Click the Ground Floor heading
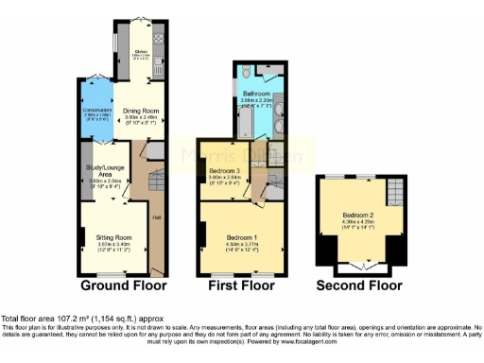click(123, 285)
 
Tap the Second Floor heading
click(357, 285)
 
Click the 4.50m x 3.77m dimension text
click(242, 246)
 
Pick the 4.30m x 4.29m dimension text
click(360, 224)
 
